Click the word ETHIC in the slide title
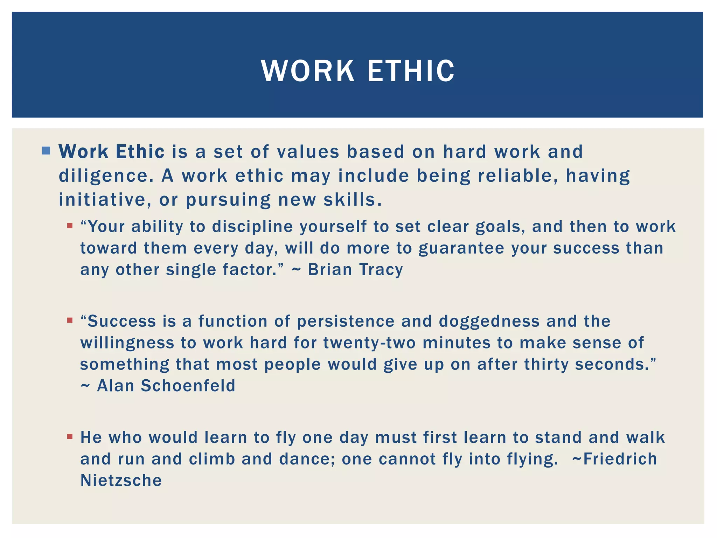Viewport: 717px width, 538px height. click(x=411, y=71)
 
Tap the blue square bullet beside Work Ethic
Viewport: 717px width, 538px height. click(x=46, y=151)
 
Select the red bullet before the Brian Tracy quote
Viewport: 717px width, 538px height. click(x=70, y=226)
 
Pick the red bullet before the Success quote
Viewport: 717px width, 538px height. click(x=70, y=320)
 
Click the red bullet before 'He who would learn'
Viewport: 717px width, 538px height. click(x=70, y=437)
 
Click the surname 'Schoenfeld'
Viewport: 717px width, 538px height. click(x=188, y=386)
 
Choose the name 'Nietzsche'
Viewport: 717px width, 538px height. click(x=121, y=480)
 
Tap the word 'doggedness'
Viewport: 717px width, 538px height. click(x=489, y=321)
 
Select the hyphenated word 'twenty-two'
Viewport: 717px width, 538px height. click(x=369, y=343)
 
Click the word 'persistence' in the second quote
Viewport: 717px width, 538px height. click(x=346, y=321)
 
